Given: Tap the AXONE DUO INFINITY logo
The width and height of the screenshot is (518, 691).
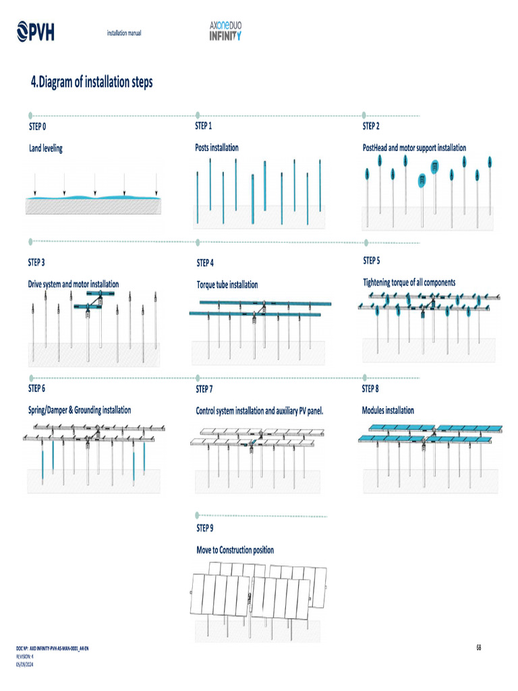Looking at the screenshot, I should [225, 30].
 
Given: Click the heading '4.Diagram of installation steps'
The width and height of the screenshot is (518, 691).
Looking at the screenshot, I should [92, 82].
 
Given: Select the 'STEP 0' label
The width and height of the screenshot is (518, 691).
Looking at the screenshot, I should [37, 126].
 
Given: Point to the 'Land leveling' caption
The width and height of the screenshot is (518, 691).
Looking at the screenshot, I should [45, 148].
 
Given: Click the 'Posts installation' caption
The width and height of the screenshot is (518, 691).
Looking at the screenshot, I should [217, 147].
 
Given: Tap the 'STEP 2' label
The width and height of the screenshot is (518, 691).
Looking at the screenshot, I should [371, 126].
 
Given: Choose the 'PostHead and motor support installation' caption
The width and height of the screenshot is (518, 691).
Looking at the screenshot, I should [414, 148].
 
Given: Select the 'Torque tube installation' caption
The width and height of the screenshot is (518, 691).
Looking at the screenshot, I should [227, 285].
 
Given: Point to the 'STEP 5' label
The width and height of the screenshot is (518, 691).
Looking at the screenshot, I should [372, 260].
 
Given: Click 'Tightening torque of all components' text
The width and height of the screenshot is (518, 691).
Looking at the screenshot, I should [409, 282].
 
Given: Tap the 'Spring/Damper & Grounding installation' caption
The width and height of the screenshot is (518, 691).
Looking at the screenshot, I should [80, 410].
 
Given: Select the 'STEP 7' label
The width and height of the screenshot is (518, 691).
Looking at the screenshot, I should [204, 389].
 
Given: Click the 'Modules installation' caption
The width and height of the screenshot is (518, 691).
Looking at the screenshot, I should [388, 410].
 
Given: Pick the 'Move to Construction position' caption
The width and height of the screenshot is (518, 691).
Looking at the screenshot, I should [235, 550].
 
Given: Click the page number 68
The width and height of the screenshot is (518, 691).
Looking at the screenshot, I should [479, 648].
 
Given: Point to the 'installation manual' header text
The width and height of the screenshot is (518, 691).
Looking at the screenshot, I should [124, 33].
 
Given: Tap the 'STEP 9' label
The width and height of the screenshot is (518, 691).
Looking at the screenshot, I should [205, 528].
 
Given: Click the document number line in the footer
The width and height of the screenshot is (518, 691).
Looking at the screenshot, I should [52, 648].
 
